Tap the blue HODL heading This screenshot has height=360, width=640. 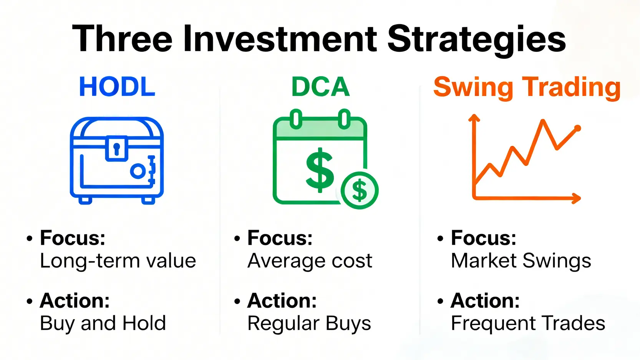117,86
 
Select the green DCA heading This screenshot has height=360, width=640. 320,86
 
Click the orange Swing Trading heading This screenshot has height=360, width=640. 527,88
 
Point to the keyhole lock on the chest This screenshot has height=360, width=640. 116,149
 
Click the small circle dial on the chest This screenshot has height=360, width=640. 138,171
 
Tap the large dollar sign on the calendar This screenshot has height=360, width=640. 320,170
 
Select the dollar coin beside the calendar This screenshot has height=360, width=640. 360,191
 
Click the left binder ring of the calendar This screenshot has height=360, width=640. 296,119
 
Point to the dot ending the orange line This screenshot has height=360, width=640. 577,128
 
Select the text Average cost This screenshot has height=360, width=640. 310,260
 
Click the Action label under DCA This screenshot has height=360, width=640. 282,300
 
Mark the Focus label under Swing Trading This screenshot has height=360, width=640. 483,238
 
